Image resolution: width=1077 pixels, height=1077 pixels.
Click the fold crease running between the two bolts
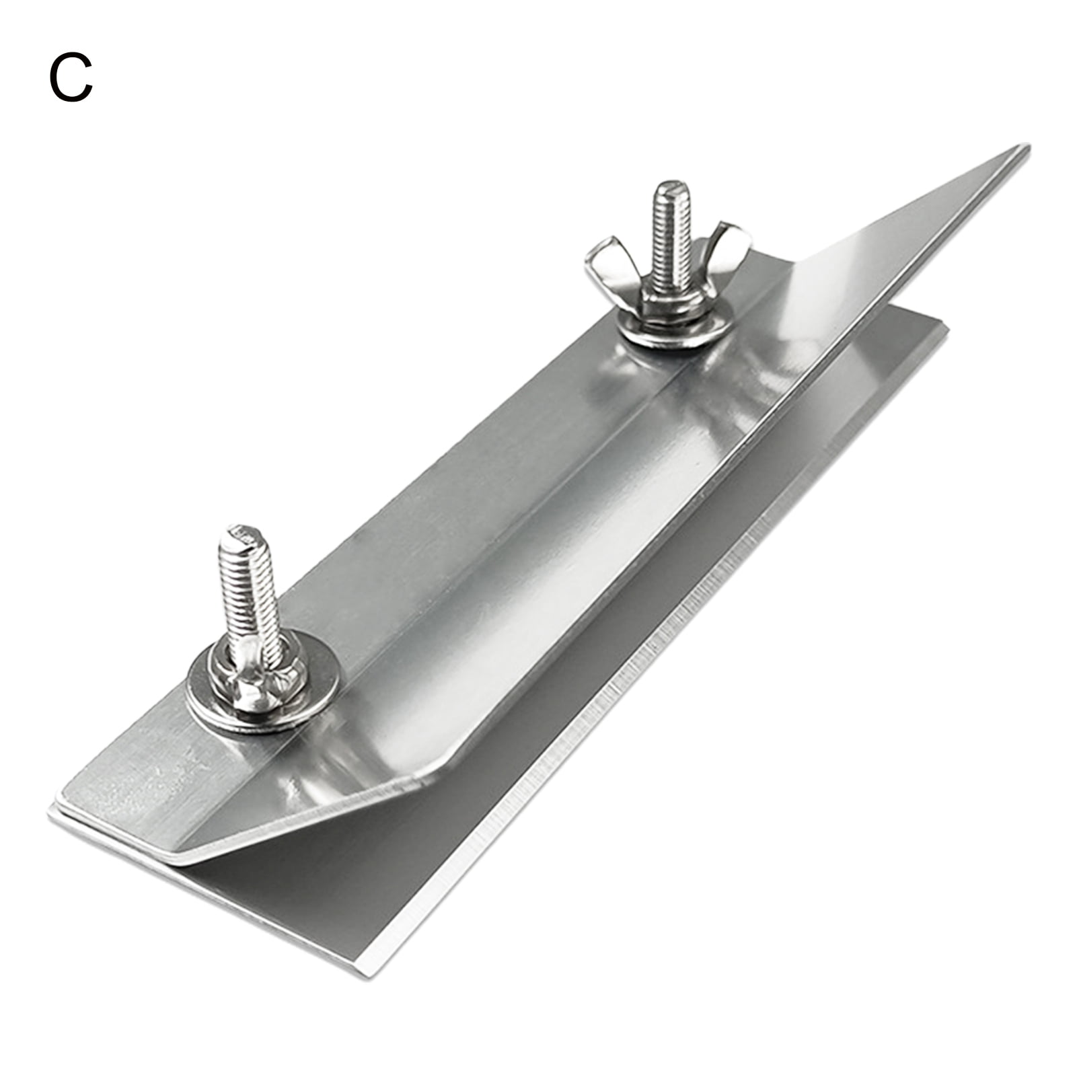[x=471, y=511]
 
